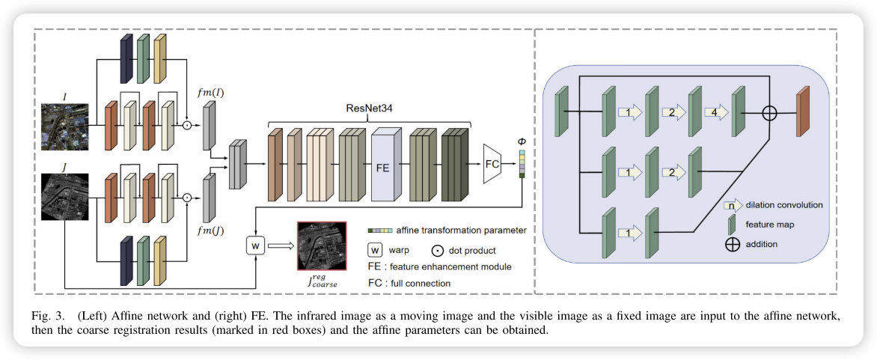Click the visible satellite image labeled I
tap(65, 126)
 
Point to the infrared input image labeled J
tap(65, 195)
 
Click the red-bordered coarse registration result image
tap(322, 244)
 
